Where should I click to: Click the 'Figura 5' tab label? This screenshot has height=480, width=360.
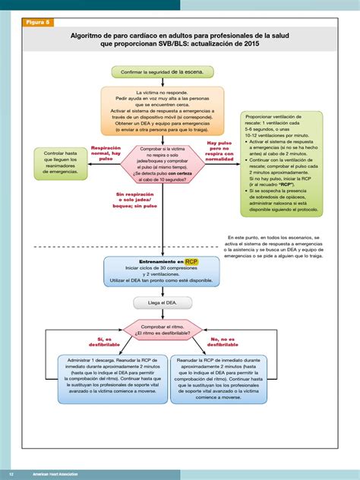pos(38,23)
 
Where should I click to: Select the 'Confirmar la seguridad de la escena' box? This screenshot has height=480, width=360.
pos(163,72)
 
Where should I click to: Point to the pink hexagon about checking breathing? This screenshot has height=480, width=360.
pos(163,163)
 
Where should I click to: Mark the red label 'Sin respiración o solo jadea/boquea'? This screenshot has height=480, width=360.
pos(137,200)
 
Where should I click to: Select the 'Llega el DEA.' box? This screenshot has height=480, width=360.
pos(161,302)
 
